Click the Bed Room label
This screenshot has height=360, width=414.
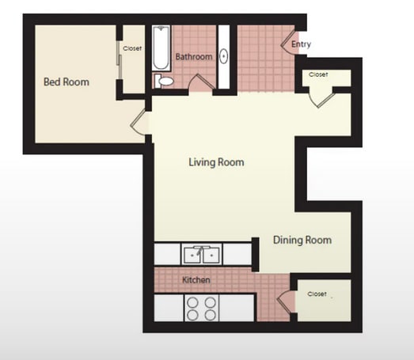point(66,81)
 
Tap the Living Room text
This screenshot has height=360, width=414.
point(215,162)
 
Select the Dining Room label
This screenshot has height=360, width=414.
point(302,240)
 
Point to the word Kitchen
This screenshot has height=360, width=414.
point(196,281)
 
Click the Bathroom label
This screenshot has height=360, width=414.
point(194,57)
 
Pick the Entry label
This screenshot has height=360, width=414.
point(301,44)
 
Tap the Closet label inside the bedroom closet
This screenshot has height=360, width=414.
point(132,49)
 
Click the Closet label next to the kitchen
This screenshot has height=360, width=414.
point(317,294)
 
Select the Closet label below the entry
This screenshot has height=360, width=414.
point(318,74)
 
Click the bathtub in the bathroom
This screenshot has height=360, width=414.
point(161,48)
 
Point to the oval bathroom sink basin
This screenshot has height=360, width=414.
point(223,57)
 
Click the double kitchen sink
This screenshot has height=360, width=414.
point(203,255)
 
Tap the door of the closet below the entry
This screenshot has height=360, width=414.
point(321,97)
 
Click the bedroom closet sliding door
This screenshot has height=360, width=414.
point(120,63)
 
